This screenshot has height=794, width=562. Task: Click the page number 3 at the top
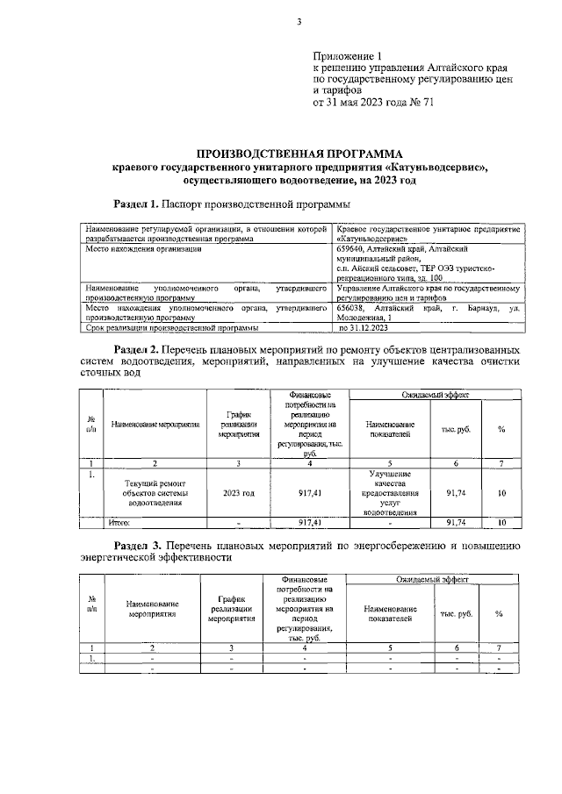pyautogui.click(x=299, y=22)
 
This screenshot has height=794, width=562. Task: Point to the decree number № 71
pyautogui.click(x=422, y=102)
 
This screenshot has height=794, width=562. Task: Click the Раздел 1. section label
pyautogui.click(x=132, y=204)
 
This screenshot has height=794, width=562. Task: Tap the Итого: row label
pyautogui.click(x=119, y=523)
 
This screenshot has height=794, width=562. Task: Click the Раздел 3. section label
pyautogui.click(x=132, y=546)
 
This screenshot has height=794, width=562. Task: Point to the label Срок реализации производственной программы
pyautogui.click(x=172, y=328)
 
